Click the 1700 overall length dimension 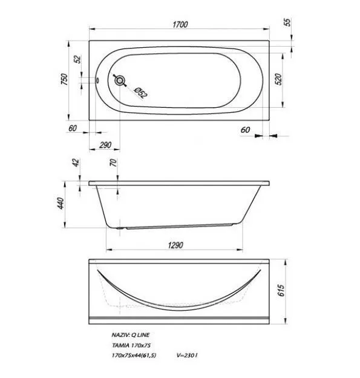point(180,25)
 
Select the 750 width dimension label point(65,79)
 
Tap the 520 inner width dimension point(278,79)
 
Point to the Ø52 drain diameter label point(140,93)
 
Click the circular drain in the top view point(120,81)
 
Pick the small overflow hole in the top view point(97,81)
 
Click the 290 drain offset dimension point(105,145)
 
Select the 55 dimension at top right point(287,22)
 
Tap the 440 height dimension point(61,203)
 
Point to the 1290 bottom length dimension point(175,245)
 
